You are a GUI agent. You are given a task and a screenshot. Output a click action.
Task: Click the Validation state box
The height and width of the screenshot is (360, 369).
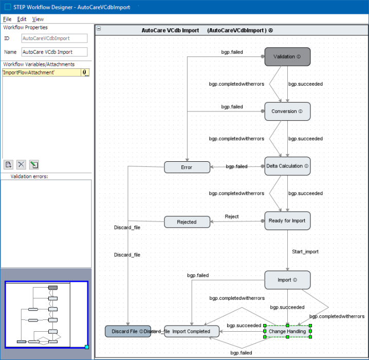point(287,56)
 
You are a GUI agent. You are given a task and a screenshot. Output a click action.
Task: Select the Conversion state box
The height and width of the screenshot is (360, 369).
point(287,111)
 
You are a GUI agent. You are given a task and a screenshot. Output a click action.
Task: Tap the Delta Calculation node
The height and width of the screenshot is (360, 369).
point(287,166)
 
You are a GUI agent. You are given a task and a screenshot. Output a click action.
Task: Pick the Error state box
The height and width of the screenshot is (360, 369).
point(187,167)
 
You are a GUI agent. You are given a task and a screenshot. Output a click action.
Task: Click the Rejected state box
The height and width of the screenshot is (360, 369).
point(187,222)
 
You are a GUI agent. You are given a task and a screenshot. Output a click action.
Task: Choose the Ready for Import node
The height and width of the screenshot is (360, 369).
point(287,221)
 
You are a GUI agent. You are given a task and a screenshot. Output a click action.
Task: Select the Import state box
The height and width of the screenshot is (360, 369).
point(287,280)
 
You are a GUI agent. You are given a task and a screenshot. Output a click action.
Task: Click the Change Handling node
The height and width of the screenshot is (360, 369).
point(287,331)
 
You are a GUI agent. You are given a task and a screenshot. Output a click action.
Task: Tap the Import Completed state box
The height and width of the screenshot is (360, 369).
point(191,331)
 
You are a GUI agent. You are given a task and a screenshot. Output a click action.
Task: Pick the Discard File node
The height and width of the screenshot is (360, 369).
point(128,331)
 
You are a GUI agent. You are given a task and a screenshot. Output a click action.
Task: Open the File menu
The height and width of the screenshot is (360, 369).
point(7,19)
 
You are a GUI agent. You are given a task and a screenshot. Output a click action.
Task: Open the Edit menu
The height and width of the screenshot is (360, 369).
point(22,19)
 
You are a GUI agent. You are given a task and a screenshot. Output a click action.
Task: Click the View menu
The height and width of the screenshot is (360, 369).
point(38,19)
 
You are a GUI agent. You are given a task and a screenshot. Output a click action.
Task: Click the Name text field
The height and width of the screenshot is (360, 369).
point(54,52)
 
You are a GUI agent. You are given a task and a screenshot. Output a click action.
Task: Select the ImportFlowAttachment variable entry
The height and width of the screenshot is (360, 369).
point(42,72)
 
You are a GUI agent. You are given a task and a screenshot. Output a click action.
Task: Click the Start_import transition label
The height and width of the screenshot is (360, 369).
point(305,252)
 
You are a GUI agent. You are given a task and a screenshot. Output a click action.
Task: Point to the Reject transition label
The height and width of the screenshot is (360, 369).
point(232,217)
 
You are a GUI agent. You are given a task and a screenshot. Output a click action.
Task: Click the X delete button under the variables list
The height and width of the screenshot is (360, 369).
point(21,164)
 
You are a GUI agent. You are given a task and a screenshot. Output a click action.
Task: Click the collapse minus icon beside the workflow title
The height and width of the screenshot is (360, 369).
point(99,28)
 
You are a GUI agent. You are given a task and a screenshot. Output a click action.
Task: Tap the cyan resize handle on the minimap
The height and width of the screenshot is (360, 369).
point(87,347)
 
